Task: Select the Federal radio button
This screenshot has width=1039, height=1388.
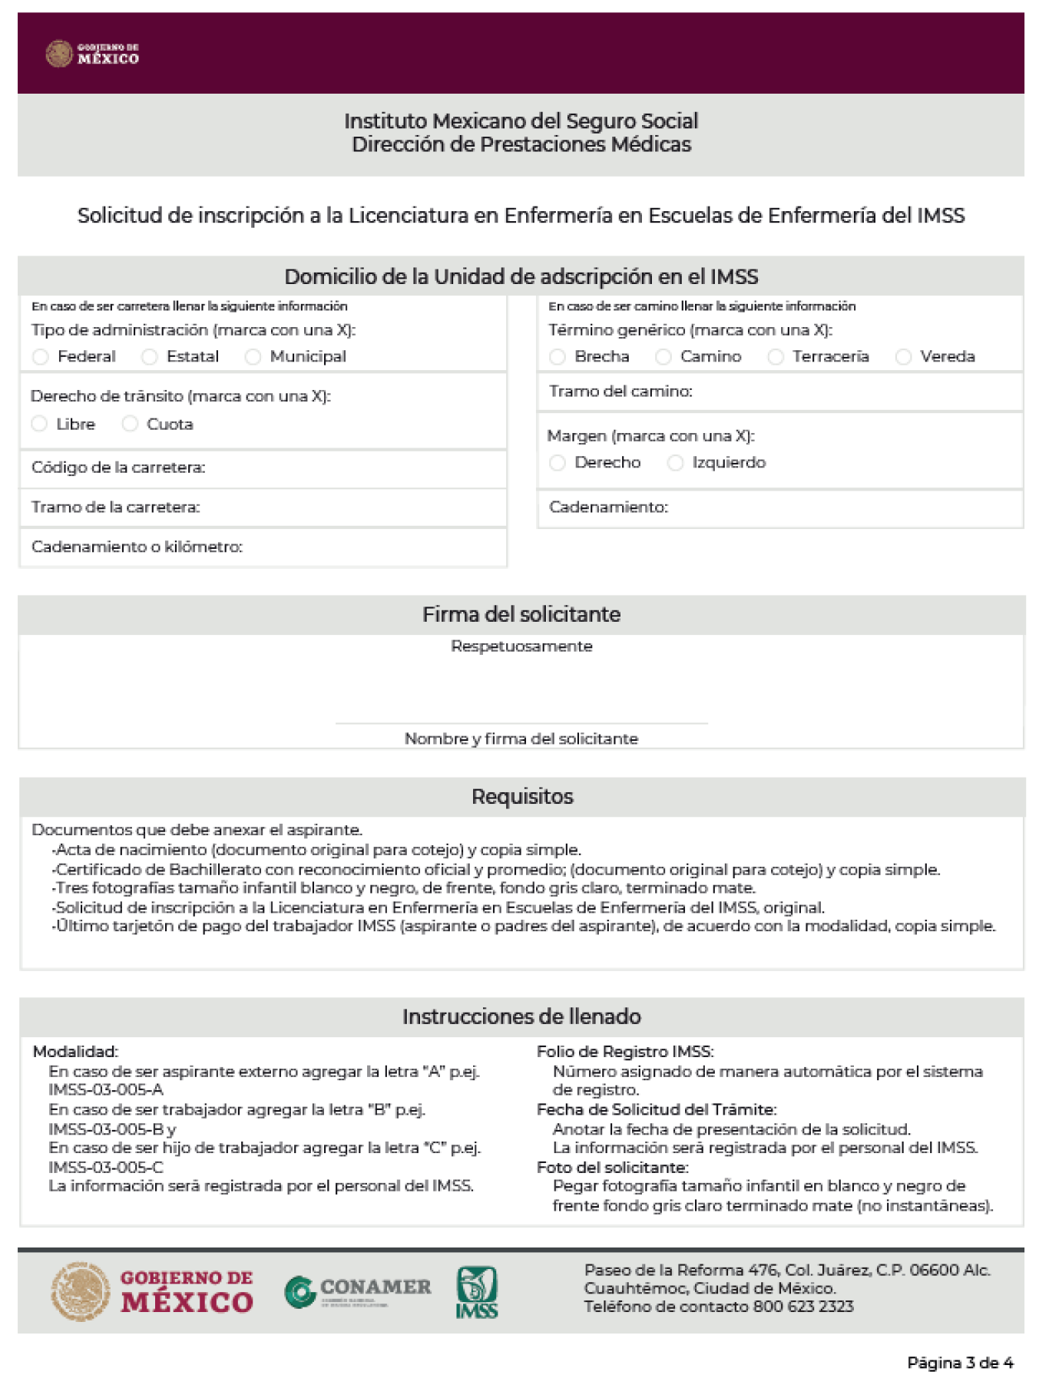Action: coord(41,357)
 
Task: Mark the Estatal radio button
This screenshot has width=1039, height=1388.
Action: coord(150,357)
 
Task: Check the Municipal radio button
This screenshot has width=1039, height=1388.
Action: coord(253,357)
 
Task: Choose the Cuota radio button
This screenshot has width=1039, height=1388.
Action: coord(130,424)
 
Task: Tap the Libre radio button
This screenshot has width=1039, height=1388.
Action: coord(39,424)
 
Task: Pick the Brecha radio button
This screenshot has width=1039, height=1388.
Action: coord(558,357)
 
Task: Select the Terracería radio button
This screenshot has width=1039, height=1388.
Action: coord(776,357)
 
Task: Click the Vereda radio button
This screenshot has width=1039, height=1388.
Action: coord(904,357)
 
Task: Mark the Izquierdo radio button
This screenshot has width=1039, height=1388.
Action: coord(675,463)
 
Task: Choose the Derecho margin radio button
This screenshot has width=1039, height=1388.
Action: coord(558,463)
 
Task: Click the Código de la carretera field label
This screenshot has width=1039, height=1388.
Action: coord(118,468)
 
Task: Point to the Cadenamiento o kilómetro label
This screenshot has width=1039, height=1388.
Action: coord(137,547)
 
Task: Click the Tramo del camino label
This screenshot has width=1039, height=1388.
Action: coord(620,392)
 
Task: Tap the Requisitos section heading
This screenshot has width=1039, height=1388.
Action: coord(522,797)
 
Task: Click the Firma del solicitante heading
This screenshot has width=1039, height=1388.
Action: coord(521,614)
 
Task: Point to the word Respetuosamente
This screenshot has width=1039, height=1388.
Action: coord(521,646)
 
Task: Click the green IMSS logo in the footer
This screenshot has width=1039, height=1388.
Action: coord(477,1293)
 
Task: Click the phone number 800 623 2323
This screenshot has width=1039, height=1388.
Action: coord(803,1307)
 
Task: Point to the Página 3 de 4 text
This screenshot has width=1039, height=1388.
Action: coord(960,1363)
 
